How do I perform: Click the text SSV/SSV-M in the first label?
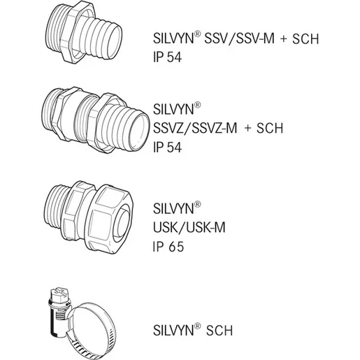tap(240, 38)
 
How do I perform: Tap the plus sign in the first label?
tap(284, 39)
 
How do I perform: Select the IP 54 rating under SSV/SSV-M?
tap(167, 57)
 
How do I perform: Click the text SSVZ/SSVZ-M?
tap(195, 128)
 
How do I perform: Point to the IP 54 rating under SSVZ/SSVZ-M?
tap(167, 147)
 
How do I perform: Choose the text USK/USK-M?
tap(189, 227)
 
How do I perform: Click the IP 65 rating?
tap(168, 247)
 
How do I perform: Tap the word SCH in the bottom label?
tap(219, 331)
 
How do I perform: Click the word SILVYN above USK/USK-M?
tap(173, 208)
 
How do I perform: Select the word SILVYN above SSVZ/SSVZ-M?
tap(173, 109)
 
